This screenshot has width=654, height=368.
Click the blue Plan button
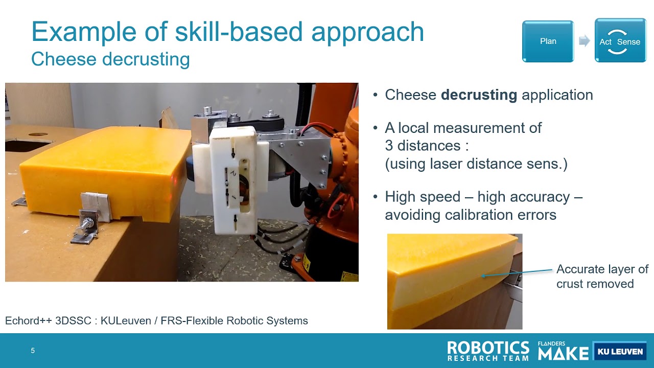[x=548, y=41]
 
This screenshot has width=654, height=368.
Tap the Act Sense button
[x=620, y=41]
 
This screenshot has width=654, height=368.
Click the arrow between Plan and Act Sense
[x=584, y=41]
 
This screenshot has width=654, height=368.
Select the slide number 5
[x=33, y=351]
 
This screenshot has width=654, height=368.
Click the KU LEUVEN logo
[x=619, y=351]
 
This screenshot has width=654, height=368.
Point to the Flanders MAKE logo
[x=563, y=351]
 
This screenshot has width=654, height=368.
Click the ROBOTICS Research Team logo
[x=488, y=351]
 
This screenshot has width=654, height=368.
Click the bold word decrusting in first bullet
[x=479, y=95]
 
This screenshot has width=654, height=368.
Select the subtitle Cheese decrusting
[x=110, y=59]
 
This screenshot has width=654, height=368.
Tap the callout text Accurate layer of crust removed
[x=601, y=277]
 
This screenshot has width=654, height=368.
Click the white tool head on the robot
[x=232, y=179]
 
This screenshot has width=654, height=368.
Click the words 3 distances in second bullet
[x=423, y=146]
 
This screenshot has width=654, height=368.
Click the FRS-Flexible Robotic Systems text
[x=234, y=321]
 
